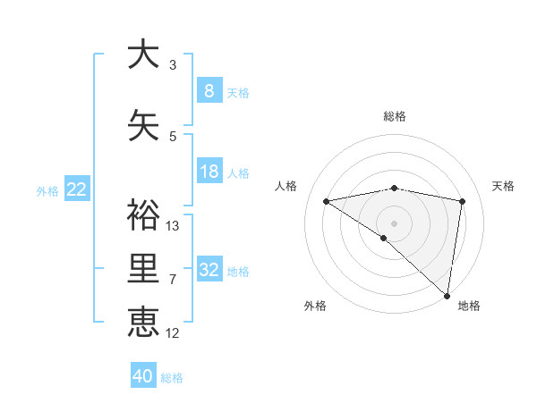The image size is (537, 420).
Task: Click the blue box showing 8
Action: click(209, 91)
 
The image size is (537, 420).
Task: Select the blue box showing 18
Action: click(209, 172)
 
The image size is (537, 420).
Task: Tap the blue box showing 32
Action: click(209, 270)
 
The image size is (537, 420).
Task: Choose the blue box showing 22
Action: click(77, 189)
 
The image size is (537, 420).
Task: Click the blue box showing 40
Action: click(143, 376)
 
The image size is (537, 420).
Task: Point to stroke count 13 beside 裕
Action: click(172, 225)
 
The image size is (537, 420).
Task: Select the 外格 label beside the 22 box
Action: click(47, 190)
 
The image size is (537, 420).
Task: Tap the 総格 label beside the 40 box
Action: click(172, 378)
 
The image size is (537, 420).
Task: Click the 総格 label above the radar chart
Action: click(394, 116)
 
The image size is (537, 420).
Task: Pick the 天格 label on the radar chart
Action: click(503, 186)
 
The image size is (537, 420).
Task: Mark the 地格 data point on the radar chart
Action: click(447, 295)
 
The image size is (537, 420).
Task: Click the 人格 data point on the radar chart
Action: click(326, 201)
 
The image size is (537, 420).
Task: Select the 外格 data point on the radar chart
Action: click(383, 238)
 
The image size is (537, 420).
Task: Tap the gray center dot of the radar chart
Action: click(394, 223)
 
